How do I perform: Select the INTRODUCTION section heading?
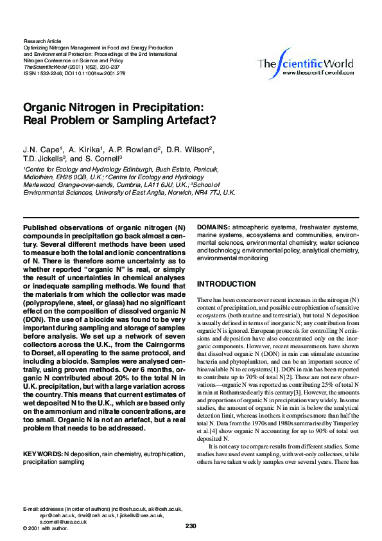coord(226,284)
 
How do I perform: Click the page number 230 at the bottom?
coord(191,526)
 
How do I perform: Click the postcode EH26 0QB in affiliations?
coord(71,176)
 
